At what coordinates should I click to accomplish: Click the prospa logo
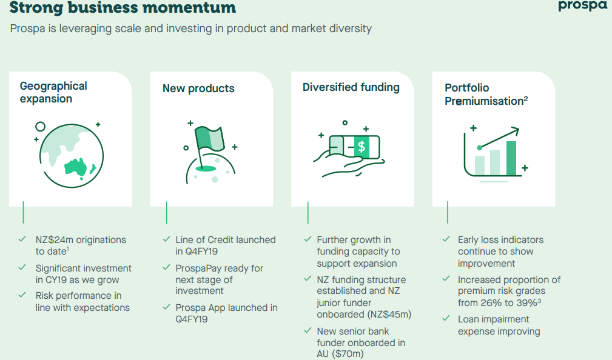coord(583,6)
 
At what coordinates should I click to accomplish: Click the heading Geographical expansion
coord(53,92)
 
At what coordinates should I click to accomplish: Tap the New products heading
coord(198,88)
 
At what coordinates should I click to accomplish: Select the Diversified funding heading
coord(351,87)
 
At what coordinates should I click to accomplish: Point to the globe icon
coord(72,156)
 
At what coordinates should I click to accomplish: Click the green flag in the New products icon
coord(210,138)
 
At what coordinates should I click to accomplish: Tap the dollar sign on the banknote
coord(361,147)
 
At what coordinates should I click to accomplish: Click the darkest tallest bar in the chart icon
coord(511,158)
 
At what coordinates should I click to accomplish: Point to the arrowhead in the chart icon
coord(515,131)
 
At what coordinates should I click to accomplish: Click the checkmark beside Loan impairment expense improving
coord(446,319)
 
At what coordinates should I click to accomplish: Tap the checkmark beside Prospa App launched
coord(166,307)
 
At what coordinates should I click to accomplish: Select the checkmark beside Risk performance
coord(22,295)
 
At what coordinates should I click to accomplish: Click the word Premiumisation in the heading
coord(484,101)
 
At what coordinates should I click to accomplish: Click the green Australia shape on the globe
coord(76,167)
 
